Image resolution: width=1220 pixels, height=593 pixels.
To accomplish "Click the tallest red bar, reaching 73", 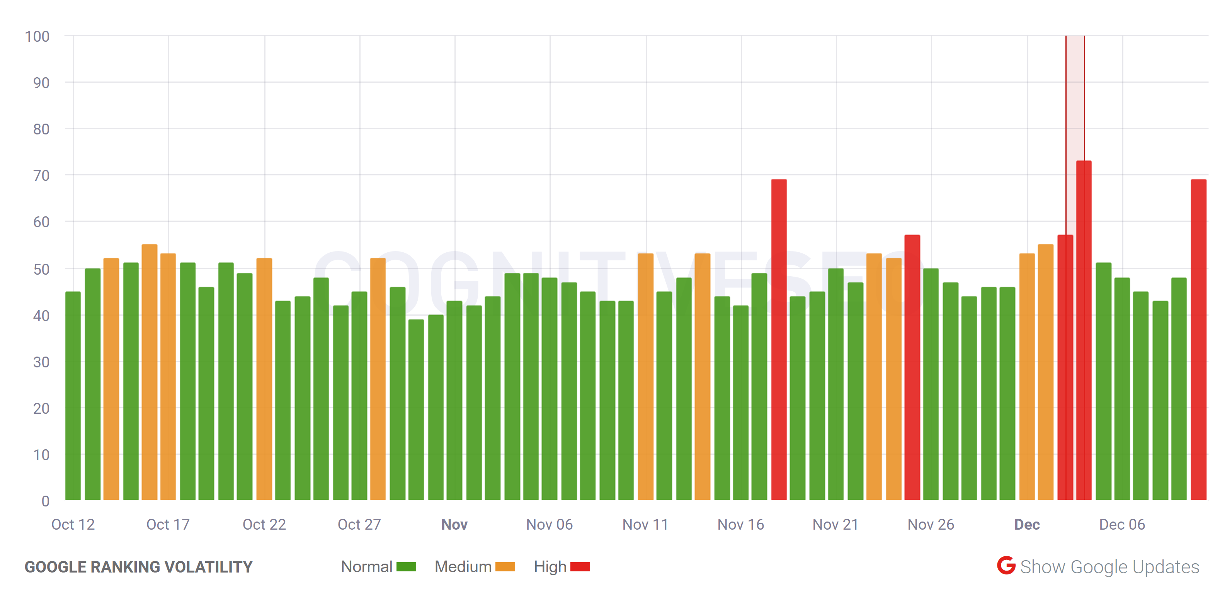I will pos(1084,331).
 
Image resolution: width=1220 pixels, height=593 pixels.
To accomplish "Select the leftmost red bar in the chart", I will pos(779,341).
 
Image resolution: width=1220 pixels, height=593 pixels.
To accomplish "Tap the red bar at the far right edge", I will pos(1198,341).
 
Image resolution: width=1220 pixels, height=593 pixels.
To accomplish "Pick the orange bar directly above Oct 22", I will pos(264,379).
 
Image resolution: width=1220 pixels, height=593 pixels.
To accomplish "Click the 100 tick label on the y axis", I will pos(37,36).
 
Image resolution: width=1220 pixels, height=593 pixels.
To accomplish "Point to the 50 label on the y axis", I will pos(41,269).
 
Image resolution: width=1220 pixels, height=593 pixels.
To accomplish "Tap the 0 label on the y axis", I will pos(46,501).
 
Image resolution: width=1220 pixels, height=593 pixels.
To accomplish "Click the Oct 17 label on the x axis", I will pos(168,524).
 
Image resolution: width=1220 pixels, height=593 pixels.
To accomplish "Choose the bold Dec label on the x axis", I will pos(1027,524).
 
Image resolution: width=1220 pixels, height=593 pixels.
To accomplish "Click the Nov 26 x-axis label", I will pos(931,524).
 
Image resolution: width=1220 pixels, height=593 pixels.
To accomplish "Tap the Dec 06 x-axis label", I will pos(1122,524).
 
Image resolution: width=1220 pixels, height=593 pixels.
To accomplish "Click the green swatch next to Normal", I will pos(407,566).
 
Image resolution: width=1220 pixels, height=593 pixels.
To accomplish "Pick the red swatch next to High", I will pos(580,566).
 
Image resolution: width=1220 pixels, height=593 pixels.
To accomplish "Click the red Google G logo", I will pos(1006,566).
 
